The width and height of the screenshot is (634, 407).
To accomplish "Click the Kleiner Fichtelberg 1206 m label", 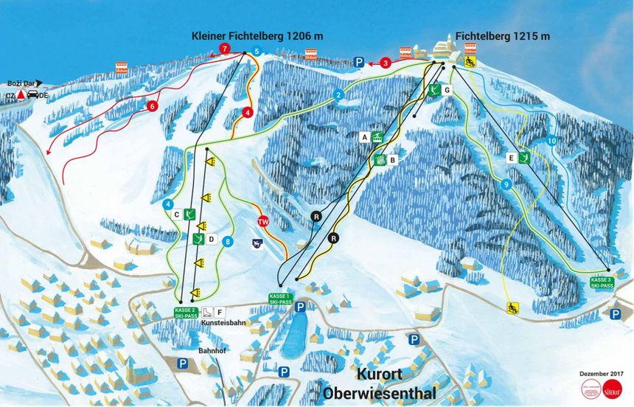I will tap(257, 35).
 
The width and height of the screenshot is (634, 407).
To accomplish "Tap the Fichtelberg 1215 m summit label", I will tap(502, 35).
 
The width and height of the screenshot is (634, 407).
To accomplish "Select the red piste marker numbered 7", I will tap(224, 49).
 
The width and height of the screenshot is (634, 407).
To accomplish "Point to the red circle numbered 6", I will tap(153, 105).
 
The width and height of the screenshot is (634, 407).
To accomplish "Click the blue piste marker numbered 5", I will tap(257, 51).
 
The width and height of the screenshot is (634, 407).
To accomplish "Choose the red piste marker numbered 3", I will tap(386, 63).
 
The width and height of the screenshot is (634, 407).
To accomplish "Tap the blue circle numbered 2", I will tap(338, 94).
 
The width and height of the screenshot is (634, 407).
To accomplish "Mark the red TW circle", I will tap(262, 221).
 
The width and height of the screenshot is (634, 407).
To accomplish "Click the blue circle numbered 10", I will tap(551, 141).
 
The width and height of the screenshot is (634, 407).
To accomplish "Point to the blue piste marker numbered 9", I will tap(506, 184).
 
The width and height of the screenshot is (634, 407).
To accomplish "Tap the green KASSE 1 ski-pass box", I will tap(280, 299).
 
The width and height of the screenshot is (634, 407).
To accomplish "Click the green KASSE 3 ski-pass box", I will tap(601, 282).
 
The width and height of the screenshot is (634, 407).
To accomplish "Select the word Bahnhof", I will tap(212, 350).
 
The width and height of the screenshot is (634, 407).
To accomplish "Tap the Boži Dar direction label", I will tap(21, 84).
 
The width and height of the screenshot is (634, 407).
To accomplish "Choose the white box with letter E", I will tap(510, 157).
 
